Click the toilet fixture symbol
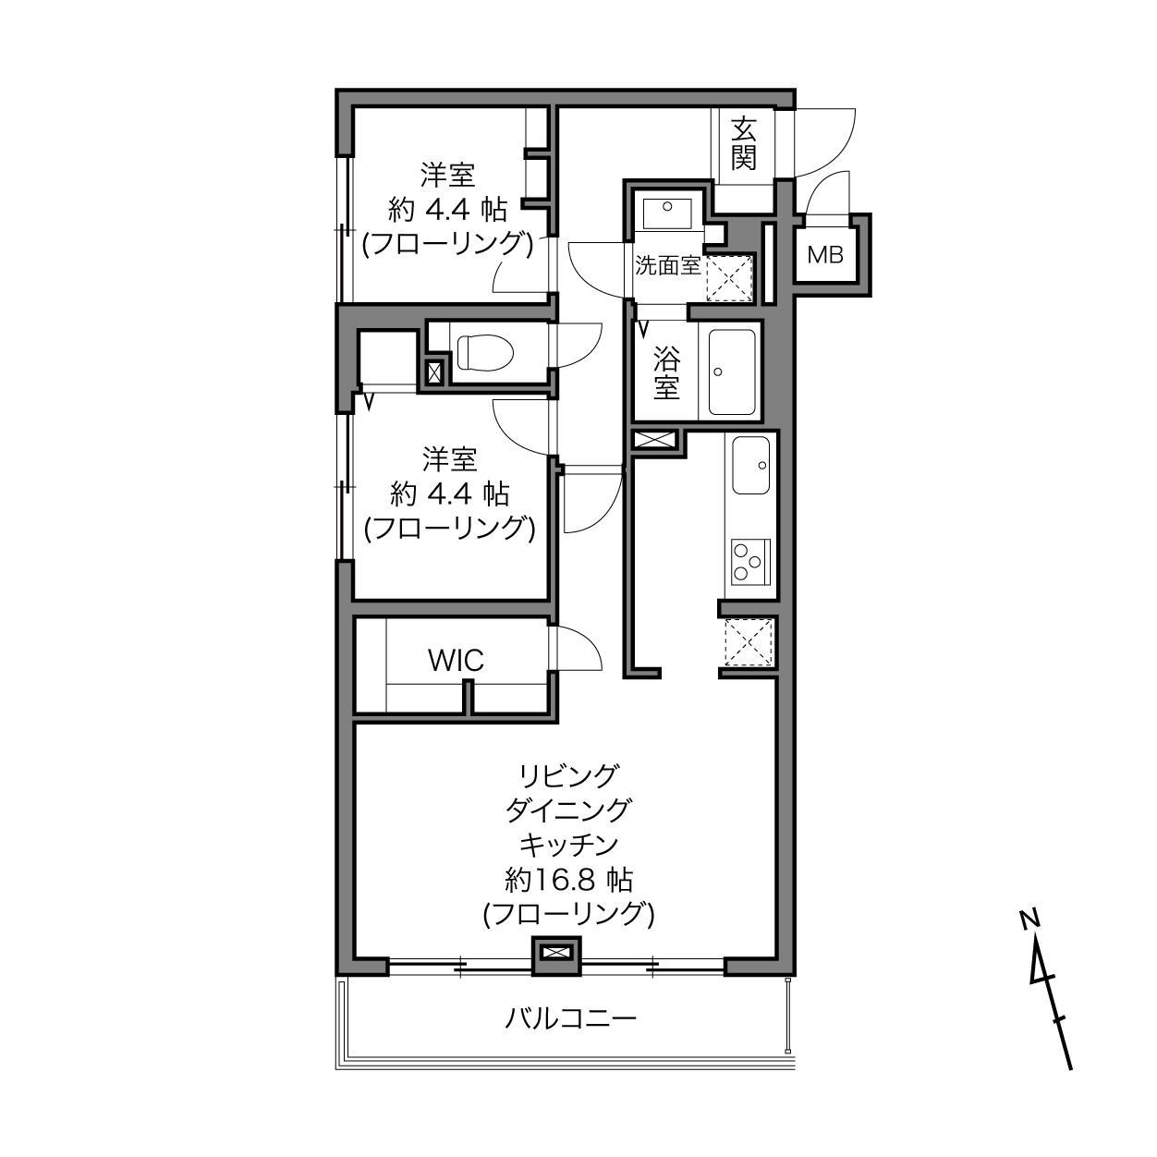point(485,352)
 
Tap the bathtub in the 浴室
point(731,371)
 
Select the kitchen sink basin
point(750,466)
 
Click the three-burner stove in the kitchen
point(750,561)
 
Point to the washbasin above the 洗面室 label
point(666,213)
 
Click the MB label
point(825,255)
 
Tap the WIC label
point(456,661)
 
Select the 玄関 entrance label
point(743,143)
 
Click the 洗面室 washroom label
point(667,265)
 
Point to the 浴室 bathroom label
point(666,373)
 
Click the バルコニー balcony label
point(570,1017)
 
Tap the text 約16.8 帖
point(568,880)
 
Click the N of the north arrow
point(1029,918)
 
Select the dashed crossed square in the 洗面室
point(729,277)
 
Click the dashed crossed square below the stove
point(749,642)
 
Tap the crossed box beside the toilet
point(433,373)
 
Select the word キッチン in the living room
point(568,845)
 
